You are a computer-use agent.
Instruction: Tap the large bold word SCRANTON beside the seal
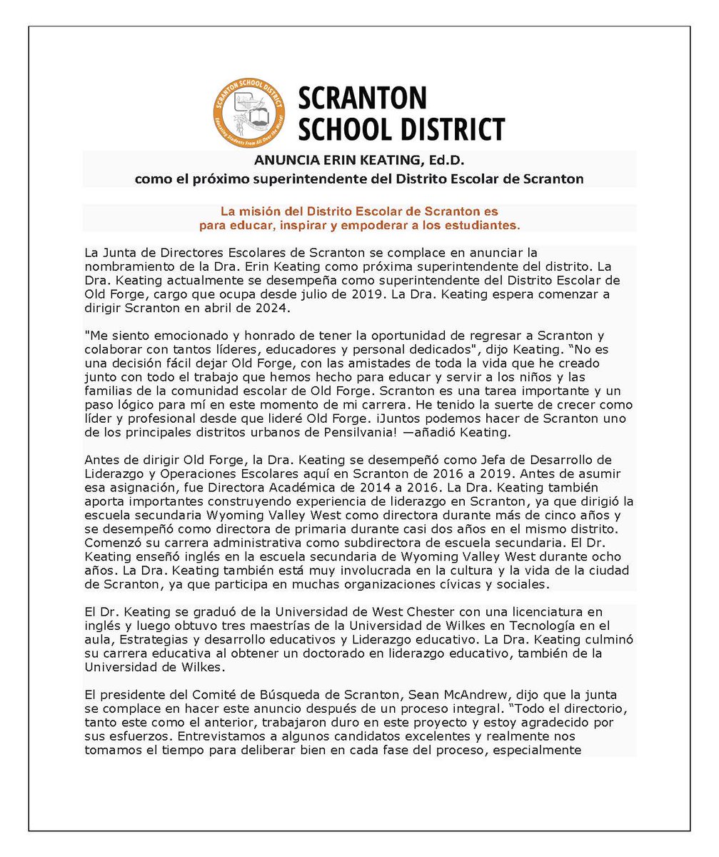tap(362, 97)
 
